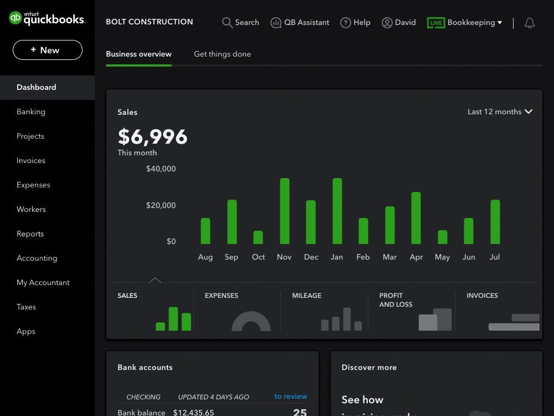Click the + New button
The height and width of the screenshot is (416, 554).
48,50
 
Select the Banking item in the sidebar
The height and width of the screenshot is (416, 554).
31,111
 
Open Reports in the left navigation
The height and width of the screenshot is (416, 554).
30,234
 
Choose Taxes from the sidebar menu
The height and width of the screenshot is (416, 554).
26,307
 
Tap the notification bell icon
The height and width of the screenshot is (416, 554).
530,23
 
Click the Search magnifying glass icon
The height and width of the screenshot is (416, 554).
227,23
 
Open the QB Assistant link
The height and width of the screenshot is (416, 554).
300,23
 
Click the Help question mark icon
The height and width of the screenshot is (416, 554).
346,23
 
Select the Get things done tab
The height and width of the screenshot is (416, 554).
222,54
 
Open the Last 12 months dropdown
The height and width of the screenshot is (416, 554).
500,111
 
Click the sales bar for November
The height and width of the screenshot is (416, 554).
285,211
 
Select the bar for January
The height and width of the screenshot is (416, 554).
337,211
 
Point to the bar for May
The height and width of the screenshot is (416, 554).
443,237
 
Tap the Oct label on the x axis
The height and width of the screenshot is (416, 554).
258,257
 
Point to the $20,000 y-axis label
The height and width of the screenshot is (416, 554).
161,205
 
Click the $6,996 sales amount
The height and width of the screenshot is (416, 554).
152,136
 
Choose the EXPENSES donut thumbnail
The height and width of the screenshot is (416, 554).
251,322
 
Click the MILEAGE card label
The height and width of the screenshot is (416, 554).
306,296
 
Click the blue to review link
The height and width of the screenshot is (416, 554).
291,396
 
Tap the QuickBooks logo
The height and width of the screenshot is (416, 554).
47,18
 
